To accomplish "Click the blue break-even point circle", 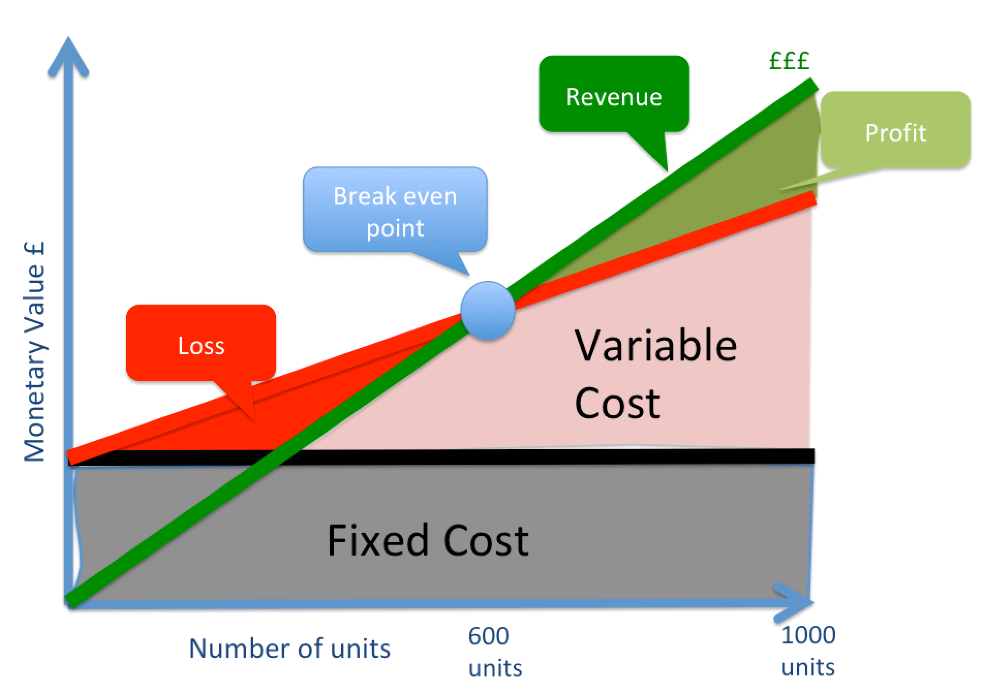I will coord(487,310).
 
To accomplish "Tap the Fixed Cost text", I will coord(428,541).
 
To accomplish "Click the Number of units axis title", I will coord(289,649).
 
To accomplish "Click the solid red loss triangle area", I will coord(289,413).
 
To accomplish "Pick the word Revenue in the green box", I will coord(614,97).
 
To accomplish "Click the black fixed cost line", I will coord(517,456).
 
